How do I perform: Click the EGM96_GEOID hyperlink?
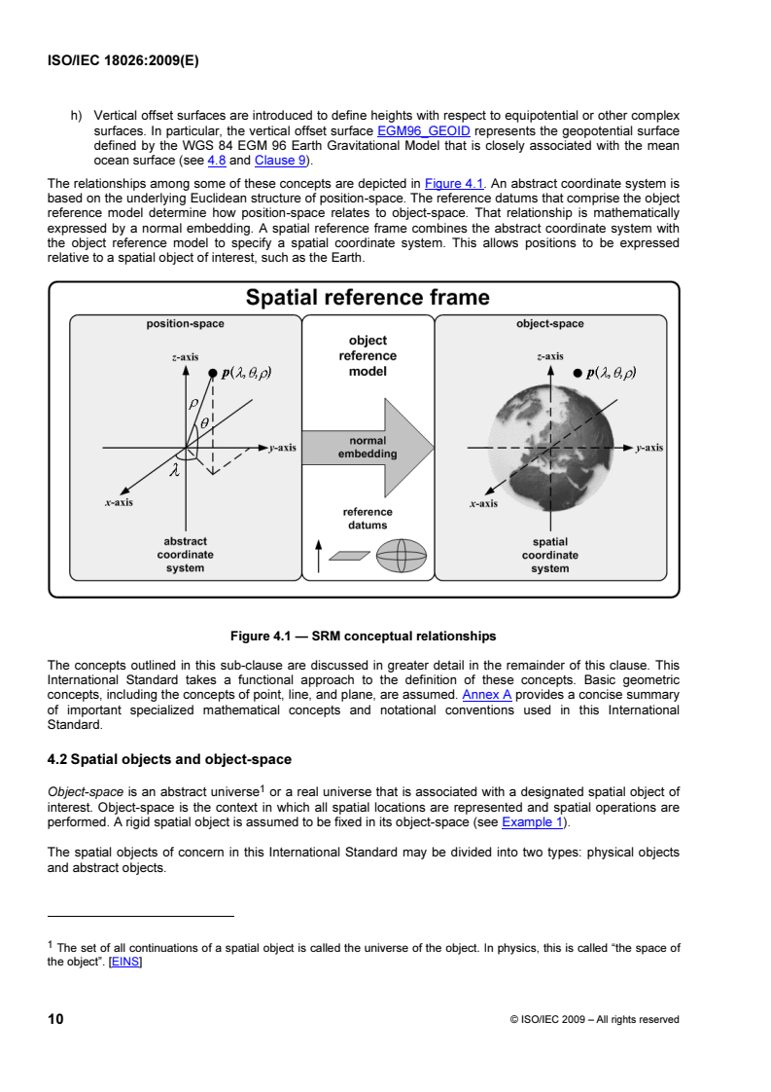point(424,129)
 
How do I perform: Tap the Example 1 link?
point(534,821)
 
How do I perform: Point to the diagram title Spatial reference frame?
point(368,298)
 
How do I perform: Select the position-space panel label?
point(185,323)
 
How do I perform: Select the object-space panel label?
point(550,323)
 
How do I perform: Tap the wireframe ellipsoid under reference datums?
point(401,559)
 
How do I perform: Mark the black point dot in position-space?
point(211,372)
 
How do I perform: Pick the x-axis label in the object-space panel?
point(483,503)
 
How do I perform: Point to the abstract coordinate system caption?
point(185,555)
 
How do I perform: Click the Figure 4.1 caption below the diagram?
point(363,637)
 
